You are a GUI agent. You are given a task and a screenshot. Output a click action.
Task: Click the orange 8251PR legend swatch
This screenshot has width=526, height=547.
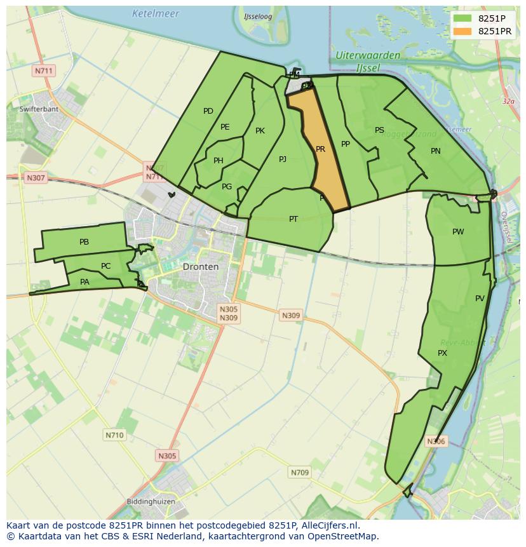tap(462, 31)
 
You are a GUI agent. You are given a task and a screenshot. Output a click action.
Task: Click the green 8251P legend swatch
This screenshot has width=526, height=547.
tap(462, 18)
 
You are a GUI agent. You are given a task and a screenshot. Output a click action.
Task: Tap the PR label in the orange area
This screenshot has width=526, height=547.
tap(320, 149)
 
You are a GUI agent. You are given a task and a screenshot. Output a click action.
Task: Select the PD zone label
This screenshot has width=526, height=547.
tap(208, 111)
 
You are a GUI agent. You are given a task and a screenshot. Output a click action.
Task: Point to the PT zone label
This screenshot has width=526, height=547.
tap(293, 219)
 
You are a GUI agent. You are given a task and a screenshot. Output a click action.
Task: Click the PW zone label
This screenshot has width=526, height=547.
tap(458, 232)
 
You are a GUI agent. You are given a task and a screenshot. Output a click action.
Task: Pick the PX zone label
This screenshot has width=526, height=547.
tap(443, 353)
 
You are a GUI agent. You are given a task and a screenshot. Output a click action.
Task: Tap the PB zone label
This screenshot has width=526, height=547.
tap(84, 242)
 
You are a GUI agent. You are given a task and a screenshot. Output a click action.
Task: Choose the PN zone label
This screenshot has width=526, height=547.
tap(436, 151)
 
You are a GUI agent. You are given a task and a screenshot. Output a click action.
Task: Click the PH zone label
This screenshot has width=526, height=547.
tap(219, 161)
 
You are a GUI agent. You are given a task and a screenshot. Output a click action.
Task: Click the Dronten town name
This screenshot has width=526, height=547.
tap(201, 267)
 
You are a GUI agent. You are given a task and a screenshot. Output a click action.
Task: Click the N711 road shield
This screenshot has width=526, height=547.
tap(43, 71)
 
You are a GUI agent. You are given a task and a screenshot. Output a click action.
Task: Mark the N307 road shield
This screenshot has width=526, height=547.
tap(36, 178)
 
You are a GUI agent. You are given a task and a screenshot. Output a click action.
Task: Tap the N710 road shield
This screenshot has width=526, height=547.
tap(114, 435)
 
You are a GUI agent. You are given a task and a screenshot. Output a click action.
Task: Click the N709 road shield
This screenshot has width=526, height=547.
tap(300, 472)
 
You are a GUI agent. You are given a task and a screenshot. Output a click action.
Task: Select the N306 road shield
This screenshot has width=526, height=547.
tap(436, 441)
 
